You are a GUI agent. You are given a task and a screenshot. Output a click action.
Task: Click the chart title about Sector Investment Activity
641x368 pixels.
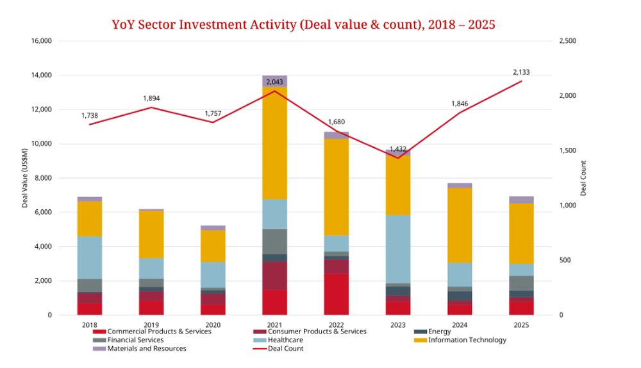[303, 25]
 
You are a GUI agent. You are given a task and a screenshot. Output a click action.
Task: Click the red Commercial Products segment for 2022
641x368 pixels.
[336, 294]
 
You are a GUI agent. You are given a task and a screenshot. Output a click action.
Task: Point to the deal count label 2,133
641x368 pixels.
[521, 72]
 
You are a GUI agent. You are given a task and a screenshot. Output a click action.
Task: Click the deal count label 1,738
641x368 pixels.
[90, 115]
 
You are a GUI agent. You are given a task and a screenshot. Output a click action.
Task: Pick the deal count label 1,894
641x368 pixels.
[151, 99]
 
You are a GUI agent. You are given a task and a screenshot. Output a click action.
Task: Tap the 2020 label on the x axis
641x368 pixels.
[213, 324]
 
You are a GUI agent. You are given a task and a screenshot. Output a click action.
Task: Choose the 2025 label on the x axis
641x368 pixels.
[521, 324]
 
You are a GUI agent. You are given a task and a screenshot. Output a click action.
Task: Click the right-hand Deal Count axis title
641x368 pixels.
[583, 178]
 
